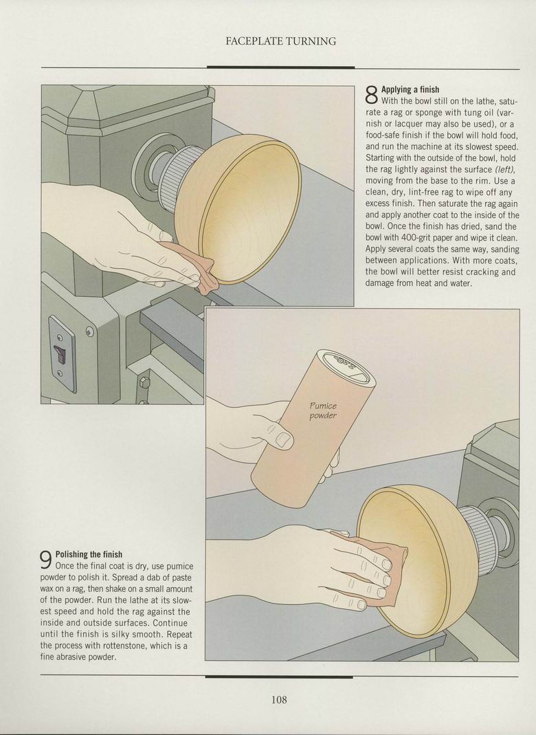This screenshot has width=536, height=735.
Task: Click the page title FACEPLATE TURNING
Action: (280, 41)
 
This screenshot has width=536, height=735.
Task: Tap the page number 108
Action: (279, 700)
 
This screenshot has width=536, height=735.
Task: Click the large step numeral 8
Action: (371, 95)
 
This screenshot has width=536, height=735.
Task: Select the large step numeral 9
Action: (46, 560)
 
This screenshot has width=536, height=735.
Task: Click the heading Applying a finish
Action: (410, 89)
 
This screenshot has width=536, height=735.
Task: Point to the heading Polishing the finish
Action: (89, 555)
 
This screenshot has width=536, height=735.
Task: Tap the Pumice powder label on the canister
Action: (323, 410)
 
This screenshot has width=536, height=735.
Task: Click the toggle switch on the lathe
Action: (58, 352)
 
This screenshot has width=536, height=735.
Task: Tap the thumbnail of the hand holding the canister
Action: (283, 439)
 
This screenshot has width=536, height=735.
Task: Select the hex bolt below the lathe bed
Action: (144, 382)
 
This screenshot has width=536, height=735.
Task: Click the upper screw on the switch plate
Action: (59, 338)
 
